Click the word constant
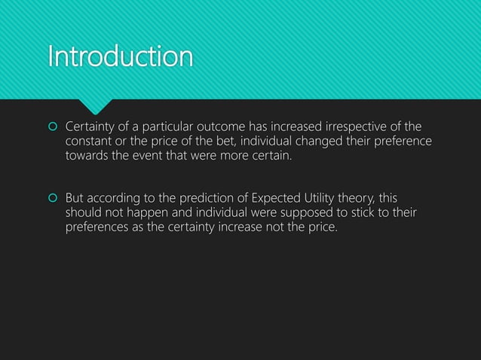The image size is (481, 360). [90, 142]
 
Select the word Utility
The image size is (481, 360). [326, 197]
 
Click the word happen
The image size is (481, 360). [155, 212]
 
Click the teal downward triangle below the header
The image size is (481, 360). [98, 104]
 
